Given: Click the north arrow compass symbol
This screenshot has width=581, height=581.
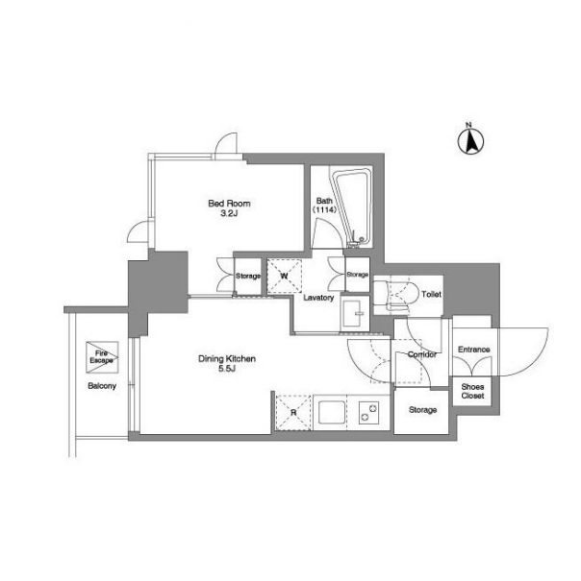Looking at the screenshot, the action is click(x=470, y=141).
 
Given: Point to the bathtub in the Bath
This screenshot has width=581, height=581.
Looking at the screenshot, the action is click(x=351, y=206).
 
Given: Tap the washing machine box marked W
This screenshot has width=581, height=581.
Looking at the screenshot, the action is click(x=284, y=276).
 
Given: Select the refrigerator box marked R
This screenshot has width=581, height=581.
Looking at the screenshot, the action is click(x=293, y=413).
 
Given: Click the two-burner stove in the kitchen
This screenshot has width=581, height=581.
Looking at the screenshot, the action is click(x=368, y=413).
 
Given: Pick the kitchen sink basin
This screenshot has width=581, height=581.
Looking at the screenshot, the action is click(x=331, y=412).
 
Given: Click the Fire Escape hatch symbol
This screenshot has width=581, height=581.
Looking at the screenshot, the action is click(x=102, y=357).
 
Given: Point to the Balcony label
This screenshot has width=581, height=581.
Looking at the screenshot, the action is click(x=102, y=386).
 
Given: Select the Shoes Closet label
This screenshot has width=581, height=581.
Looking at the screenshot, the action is click(x=472, y=391).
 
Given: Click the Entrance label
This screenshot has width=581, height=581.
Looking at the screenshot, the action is click(x=473, y=350).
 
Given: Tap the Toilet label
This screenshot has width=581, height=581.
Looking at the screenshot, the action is click(x=431, y=294).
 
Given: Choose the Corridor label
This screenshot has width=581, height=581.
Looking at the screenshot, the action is click(x=422, y=354).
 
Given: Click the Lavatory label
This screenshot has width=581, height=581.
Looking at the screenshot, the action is click(x=318, y=298).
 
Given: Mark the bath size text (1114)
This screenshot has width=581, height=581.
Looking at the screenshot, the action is click(x=324, y=209).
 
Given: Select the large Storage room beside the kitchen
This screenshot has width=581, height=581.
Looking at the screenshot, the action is click(x=421, y=411).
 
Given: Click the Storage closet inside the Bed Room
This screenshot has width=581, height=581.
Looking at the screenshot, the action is click(x=247, y=276).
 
